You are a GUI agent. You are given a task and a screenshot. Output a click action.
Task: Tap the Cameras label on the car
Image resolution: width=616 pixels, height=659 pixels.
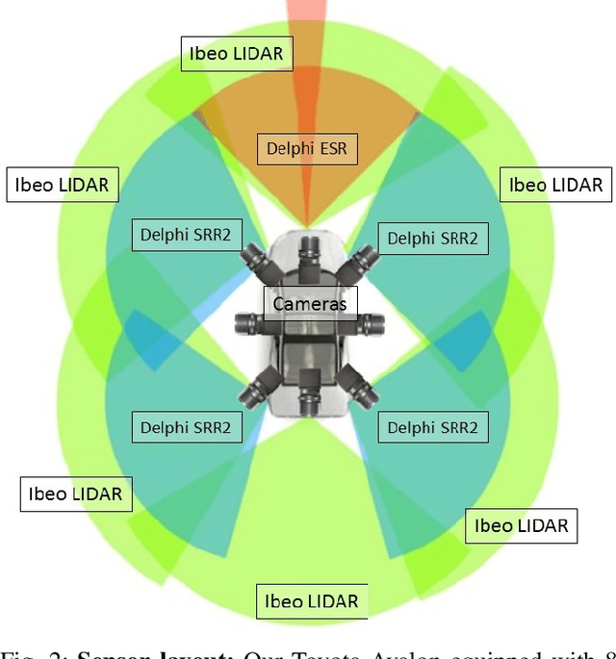tap(310, 304)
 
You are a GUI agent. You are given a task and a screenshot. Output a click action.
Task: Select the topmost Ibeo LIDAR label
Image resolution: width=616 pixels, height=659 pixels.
tap(237, 54)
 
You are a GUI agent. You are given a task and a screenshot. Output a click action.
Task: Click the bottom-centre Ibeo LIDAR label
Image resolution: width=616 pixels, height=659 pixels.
tap(312, 602)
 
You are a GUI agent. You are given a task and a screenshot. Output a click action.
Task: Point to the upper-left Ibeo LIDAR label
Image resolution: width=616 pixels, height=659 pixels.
tap(63, 183)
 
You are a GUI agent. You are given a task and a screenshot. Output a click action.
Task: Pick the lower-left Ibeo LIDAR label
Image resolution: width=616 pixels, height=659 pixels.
tap(76, 494)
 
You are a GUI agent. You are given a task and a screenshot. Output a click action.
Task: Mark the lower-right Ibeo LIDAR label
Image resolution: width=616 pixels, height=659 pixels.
tap(522, 525)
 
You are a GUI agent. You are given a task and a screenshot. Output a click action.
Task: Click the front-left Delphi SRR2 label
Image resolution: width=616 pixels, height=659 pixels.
tap(186, 234)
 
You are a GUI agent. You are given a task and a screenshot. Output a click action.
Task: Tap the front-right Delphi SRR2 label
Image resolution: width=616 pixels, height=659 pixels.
tap(432, 239)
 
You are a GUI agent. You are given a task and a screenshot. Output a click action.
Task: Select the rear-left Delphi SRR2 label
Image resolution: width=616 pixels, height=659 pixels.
tap(186, 427)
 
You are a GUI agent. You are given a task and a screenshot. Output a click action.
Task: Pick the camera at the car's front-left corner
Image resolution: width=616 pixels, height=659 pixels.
tap(255, 259)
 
